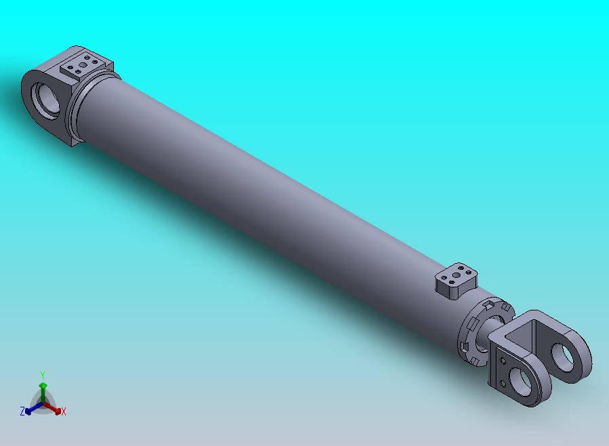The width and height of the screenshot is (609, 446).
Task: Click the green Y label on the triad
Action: coord(43,375)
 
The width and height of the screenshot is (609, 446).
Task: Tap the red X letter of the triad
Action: coord(63,411)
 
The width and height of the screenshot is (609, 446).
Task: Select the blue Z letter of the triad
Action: coord(22,411)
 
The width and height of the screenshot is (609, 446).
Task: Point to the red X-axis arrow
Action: coord(55,409)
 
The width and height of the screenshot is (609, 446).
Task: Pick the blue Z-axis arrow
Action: coord(31,409)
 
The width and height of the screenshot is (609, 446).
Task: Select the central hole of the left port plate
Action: coord(83,65)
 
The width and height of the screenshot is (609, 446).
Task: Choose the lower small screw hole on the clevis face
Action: coord(503,383)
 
